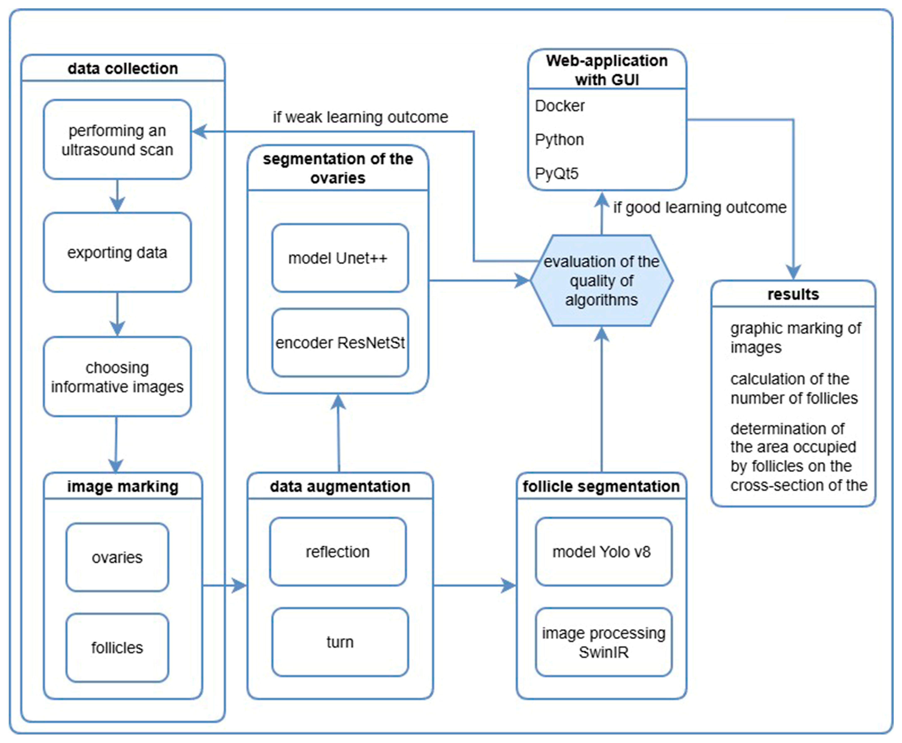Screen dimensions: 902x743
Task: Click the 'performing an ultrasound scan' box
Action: pyautogui.click(x=117, y=140)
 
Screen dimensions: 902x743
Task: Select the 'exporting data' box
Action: pyautogui.click(x=117, y=253)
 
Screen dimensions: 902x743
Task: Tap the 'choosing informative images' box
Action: pyautogui.click(x=117, y=377)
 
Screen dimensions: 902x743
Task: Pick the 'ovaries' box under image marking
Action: pyautogui.click(x=117, y=557)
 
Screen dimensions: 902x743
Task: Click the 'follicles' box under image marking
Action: pyautogui.click(x=117, y=647)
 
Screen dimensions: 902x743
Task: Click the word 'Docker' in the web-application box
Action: pyautogui.click(x=560, y=106)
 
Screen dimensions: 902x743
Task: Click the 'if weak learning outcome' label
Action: pyautogui.click(x=360, y=117)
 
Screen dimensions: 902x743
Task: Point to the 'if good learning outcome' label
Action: pyautogui.click(x=700, y=208)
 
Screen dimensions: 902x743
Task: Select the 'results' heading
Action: pyautogui.click(x=793, y=294)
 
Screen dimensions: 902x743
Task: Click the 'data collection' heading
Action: pyautogui.click(x=123, y=68)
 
